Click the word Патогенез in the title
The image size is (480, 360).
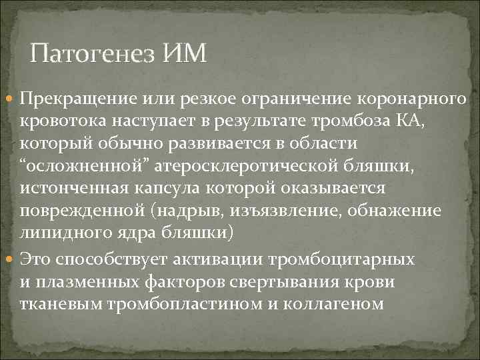pos(94,53)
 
